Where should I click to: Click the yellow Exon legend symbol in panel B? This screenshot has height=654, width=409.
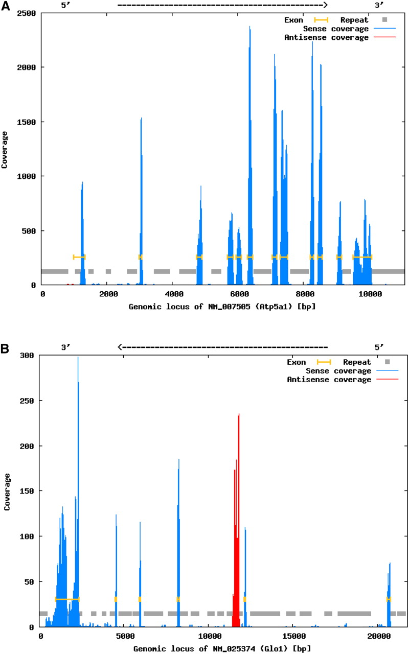point(324,362)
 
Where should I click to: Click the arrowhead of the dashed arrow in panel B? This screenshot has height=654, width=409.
point(120,347)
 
